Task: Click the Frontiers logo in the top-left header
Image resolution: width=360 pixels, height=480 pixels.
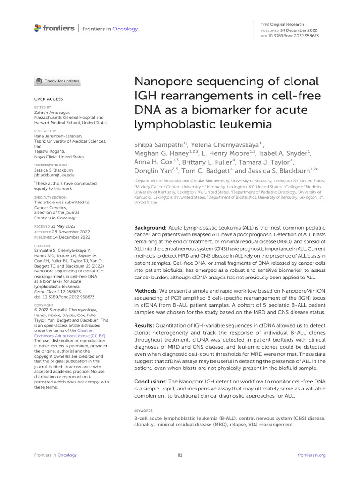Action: click(54, 29)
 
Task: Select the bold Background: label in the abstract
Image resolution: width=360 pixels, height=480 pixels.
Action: click(150, 227)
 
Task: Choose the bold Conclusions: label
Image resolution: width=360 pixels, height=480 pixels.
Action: click(150, 382)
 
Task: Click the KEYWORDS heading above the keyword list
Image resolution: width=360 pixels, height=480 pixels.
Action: click(143, 410)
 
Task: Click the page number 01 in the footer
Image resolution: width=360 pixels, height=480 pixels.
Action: click(180, 455)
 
